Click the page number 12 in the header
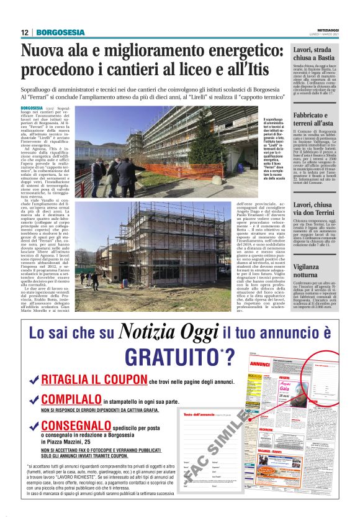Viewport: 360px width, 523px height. coord(24,32)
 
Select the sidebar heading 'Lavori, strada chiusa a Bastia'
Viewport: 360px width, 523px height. coord(315,54)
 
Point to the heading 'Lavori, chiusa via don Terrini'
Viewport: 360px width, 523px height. coord(315,209)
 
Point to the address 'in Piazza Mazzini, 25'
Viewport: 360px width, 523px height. coord(69,440)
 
